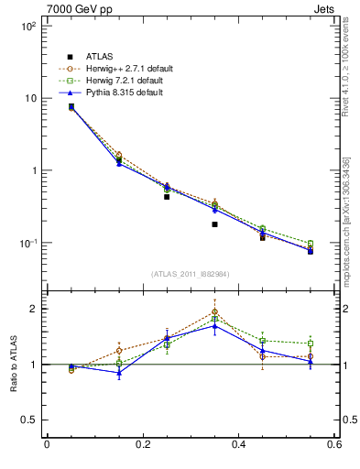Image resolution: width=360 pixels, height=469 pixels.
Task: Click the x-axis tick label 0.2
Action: click(142, 445)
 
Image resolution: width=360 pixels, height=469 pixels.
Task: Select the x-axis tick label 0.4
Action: click(238, 445)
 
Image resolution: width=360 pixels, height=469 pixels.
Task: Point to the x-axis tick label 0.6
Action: click(334, 445)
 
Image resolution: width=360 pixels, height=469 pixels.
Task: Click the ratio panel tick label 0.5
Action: click(29, 420)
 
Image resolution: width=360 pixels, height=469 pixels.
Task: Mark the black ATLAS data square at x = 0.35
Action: click(214, 224)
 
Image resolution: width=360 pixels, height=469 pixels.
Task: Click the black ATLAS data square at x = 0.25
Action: click(167, 197)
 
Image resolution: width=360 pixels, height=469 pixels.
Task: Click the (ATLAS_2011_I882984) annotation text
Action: click(190, 274)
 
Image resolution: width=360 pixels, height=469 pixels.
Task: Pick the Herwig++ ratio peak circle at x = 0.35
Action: click(214, 311)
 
